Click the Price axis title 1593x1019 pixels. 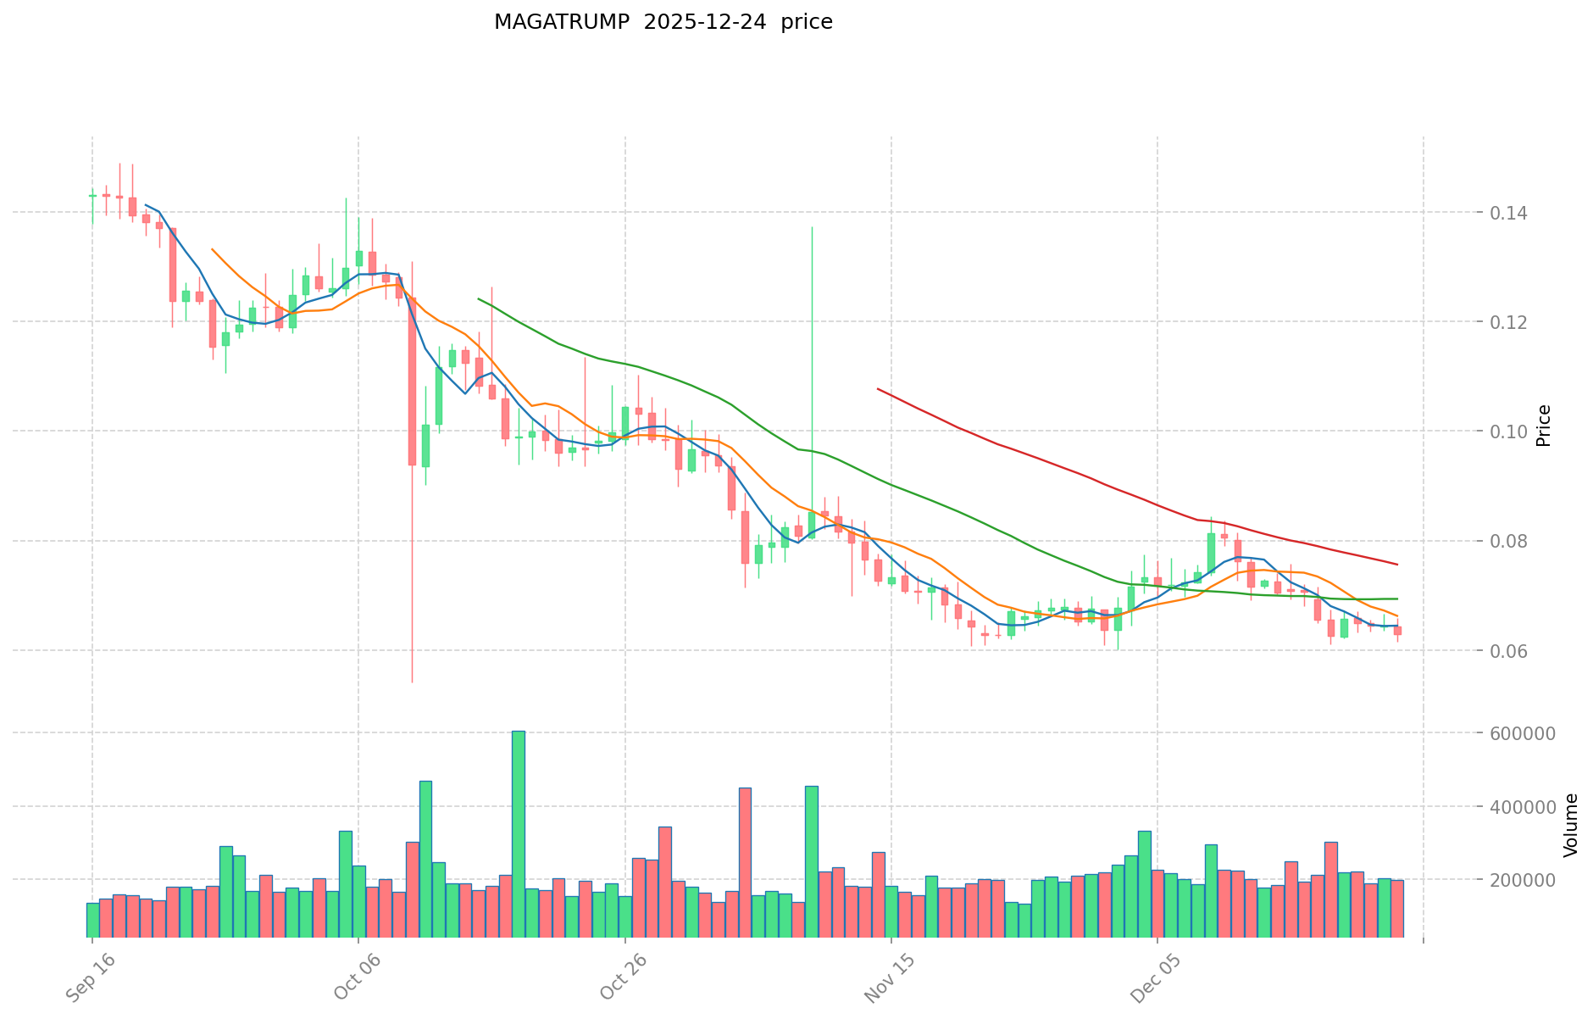point(1544,426)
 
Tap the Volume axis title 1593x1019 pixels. point(1570,825)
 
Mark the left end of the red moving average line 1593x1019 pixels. point(878,389)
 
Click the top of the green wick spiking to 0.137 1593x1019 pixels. point(812,227)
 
